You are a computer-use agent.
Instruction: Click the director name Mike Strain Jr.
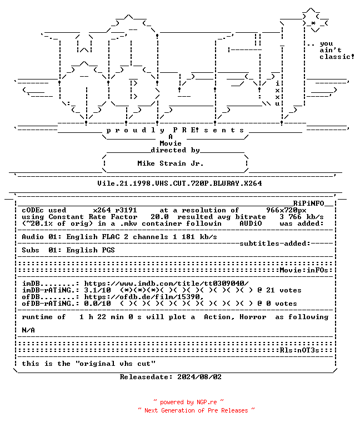coord(171,163)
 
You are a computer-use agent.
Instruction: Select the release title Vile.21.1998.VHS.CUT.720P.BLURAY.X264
coord(179,183)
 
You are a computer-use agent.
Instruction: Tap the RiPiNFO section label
coord(308,203)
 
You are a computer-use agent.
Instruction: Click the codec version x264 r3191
coord(115,210)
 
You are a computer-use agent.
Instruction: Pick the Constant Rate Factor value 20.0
coord(159,217)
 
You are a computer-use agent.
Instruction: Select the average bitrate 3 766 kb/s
coord(302,217)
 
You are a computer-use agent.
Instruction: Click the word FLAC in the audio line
coord(111,237)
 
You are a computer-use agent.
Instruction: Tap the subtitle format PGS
coord(108,250)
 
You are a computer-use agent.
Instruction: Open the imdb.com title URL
coord(166,284)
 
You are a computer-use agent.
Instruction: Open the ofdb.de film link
coord(144,297)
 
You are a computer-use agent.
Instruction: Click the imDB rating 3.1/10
coord(97,290)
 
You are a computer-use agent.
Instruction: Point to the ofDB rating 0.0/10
coord(97,304)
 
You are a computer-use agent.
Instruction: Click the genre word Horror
coord(253,317)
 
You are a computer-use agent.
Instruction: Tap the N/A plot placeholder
coord(28,330)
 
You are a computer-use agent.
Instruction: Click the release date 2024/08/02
coord(199,377)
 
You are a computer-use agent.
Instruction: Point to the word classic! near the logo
coord(337,57)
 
